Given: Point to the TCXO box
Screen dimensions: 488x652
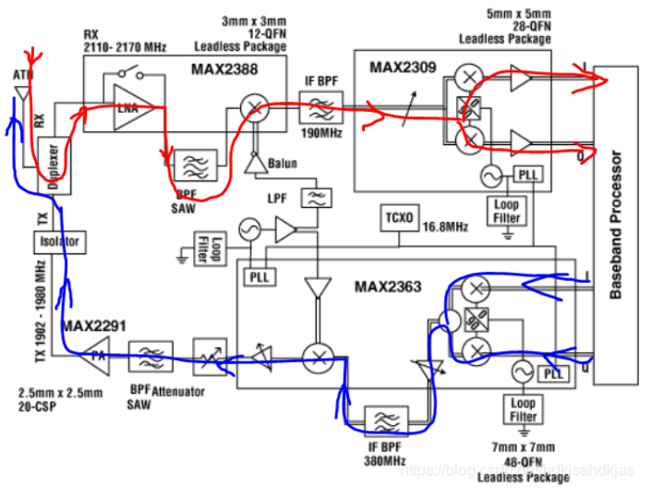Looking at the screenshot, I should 400,219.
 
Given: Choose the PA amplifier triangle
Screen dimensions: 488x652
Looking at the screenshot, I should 95,353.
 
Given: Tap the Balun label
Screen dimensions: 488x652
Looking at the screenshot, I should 283,165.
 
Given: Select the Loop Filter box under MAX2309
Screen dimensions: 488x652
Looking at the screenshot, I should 507,212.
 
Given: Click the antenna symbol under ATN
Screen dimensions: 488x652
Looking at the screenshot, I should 20,91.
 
